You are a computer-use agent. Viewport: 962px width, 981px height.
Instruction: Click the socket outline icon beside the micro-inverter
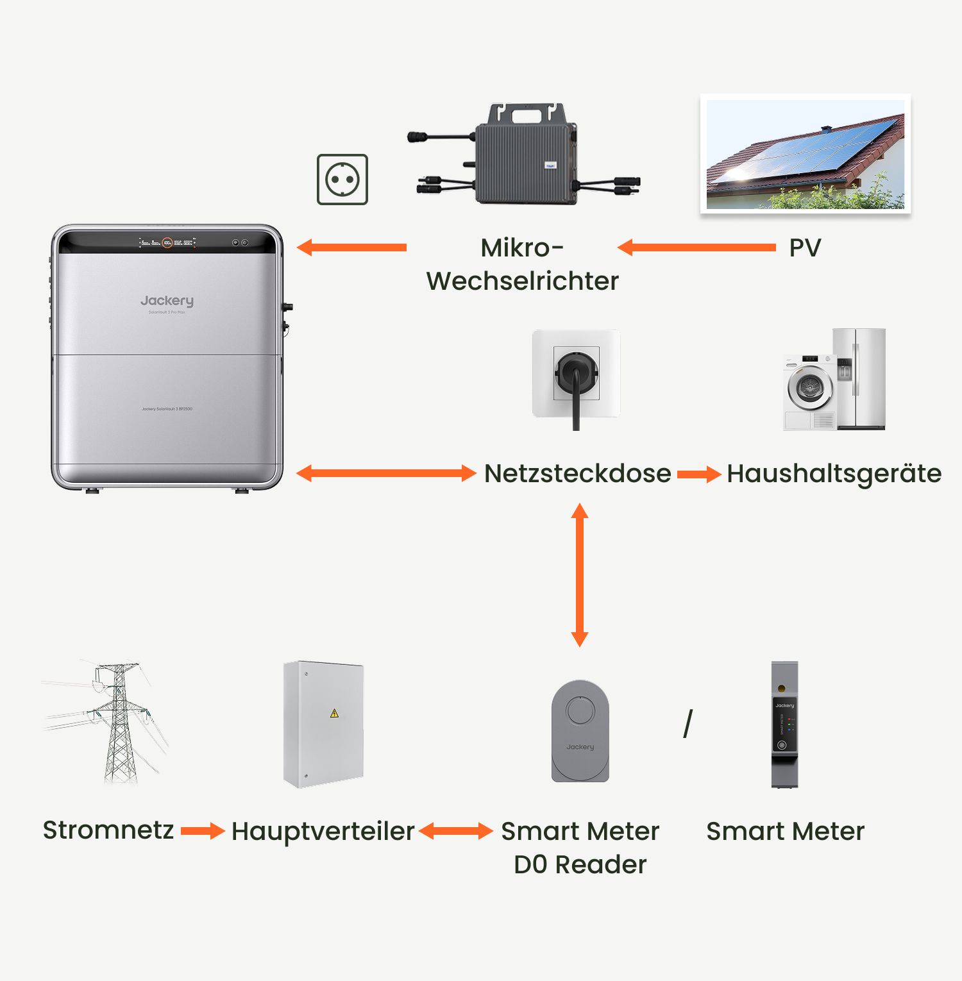342,180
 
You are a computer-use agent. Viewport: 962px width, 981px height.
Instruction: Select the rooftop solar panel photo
805,154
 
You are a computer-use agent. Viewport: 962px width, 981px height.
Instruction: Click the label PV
805,248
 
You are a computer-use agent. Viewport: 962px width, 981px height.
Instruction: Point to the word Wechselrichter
523,281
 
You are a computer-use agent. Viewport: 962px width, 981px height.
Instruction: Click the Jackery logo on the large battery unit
167,301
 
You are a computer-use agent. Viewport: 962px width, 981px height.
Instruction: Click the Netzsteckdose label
577,474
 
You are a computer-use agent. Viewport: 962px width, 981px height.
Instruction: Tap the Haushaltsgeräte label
834,474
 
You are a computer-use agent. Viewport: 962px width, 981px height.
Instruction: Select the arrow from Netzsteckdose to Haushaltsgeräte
699,474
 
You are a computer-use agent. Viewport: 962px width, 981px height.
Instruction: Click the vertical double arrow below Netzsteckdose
580,574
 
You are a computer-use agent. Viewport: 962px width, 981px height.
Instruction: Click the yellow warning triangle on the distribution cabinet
334,713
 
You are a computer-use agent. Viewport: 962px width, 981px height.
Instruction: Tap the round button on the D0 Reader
580,711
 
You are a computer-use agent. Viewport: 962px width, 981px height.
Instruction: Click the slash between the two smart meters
688,724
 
